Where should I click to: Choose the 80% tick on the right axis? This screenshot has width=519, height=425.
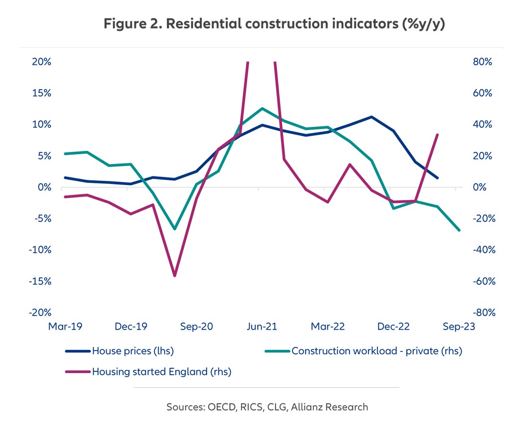click(x=482, y=62)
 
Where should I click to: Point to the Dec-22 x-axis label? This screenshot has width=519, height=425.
click(x=391, y=326)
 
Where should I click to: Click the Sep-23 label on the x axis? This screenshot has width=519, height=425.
click(x=456, y=326)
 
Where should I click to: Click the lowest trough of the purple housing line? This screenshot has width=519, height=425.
click(x=175, y=275)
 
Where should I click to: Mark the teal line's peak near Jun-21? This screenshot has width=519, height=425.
click(x=262, y=108)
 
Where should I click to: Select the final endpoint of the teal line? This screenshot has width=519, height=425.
click(x=459, y=230)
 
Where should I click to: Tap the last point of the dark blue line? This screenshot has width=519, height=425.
click(x=437, y=178)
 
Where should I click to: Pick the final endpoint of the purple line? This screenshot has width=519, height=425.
click(x=437, y=135)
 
